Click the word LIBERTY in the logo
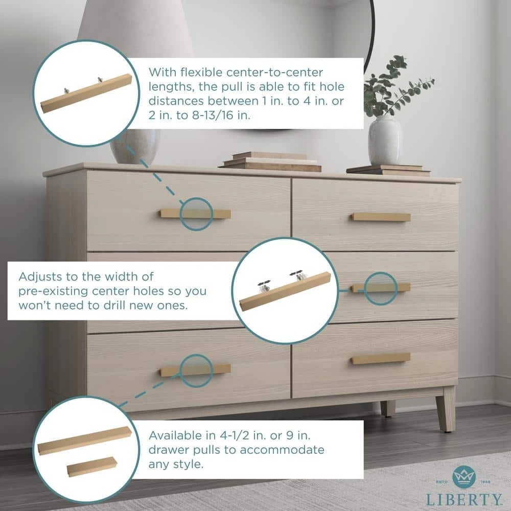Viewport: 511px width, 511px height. point(464,499)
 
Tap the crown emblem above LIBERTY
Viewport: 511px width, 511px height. point(464,476)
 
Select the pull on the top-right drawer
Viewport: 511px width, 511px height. point(381,217)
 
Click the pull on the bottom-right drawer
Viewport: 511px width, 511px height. point(381,359)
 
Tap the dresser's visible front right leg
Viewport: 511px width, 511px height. point(445,408)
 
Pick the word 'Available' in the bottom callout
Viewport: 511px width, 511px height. point(174,436)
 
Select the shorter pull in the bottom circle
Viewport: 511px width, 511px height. point(92,466)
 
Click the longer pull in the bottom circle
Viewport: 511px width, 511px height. point(85,440)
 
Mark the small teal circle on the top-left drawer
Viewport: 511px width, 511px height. point(196,214)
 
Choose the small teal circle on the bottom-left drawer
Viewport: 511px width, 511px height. point(196,370)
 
